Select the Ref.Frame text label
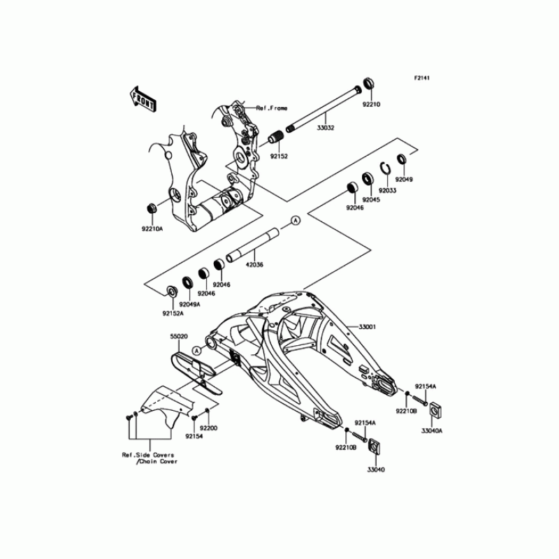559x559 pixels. tap(273, 108)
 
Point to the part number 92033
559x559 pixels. tap(388, 189)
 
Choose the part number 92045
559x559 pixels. tap(369, 199)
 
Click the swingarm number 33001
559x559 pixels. tap(368, 326)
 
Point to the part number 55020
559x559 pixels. tap(179, 336)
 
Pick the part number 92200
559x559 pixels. tap(209, 427)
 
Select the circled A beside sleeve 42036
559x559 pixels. tap(296, 221)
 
